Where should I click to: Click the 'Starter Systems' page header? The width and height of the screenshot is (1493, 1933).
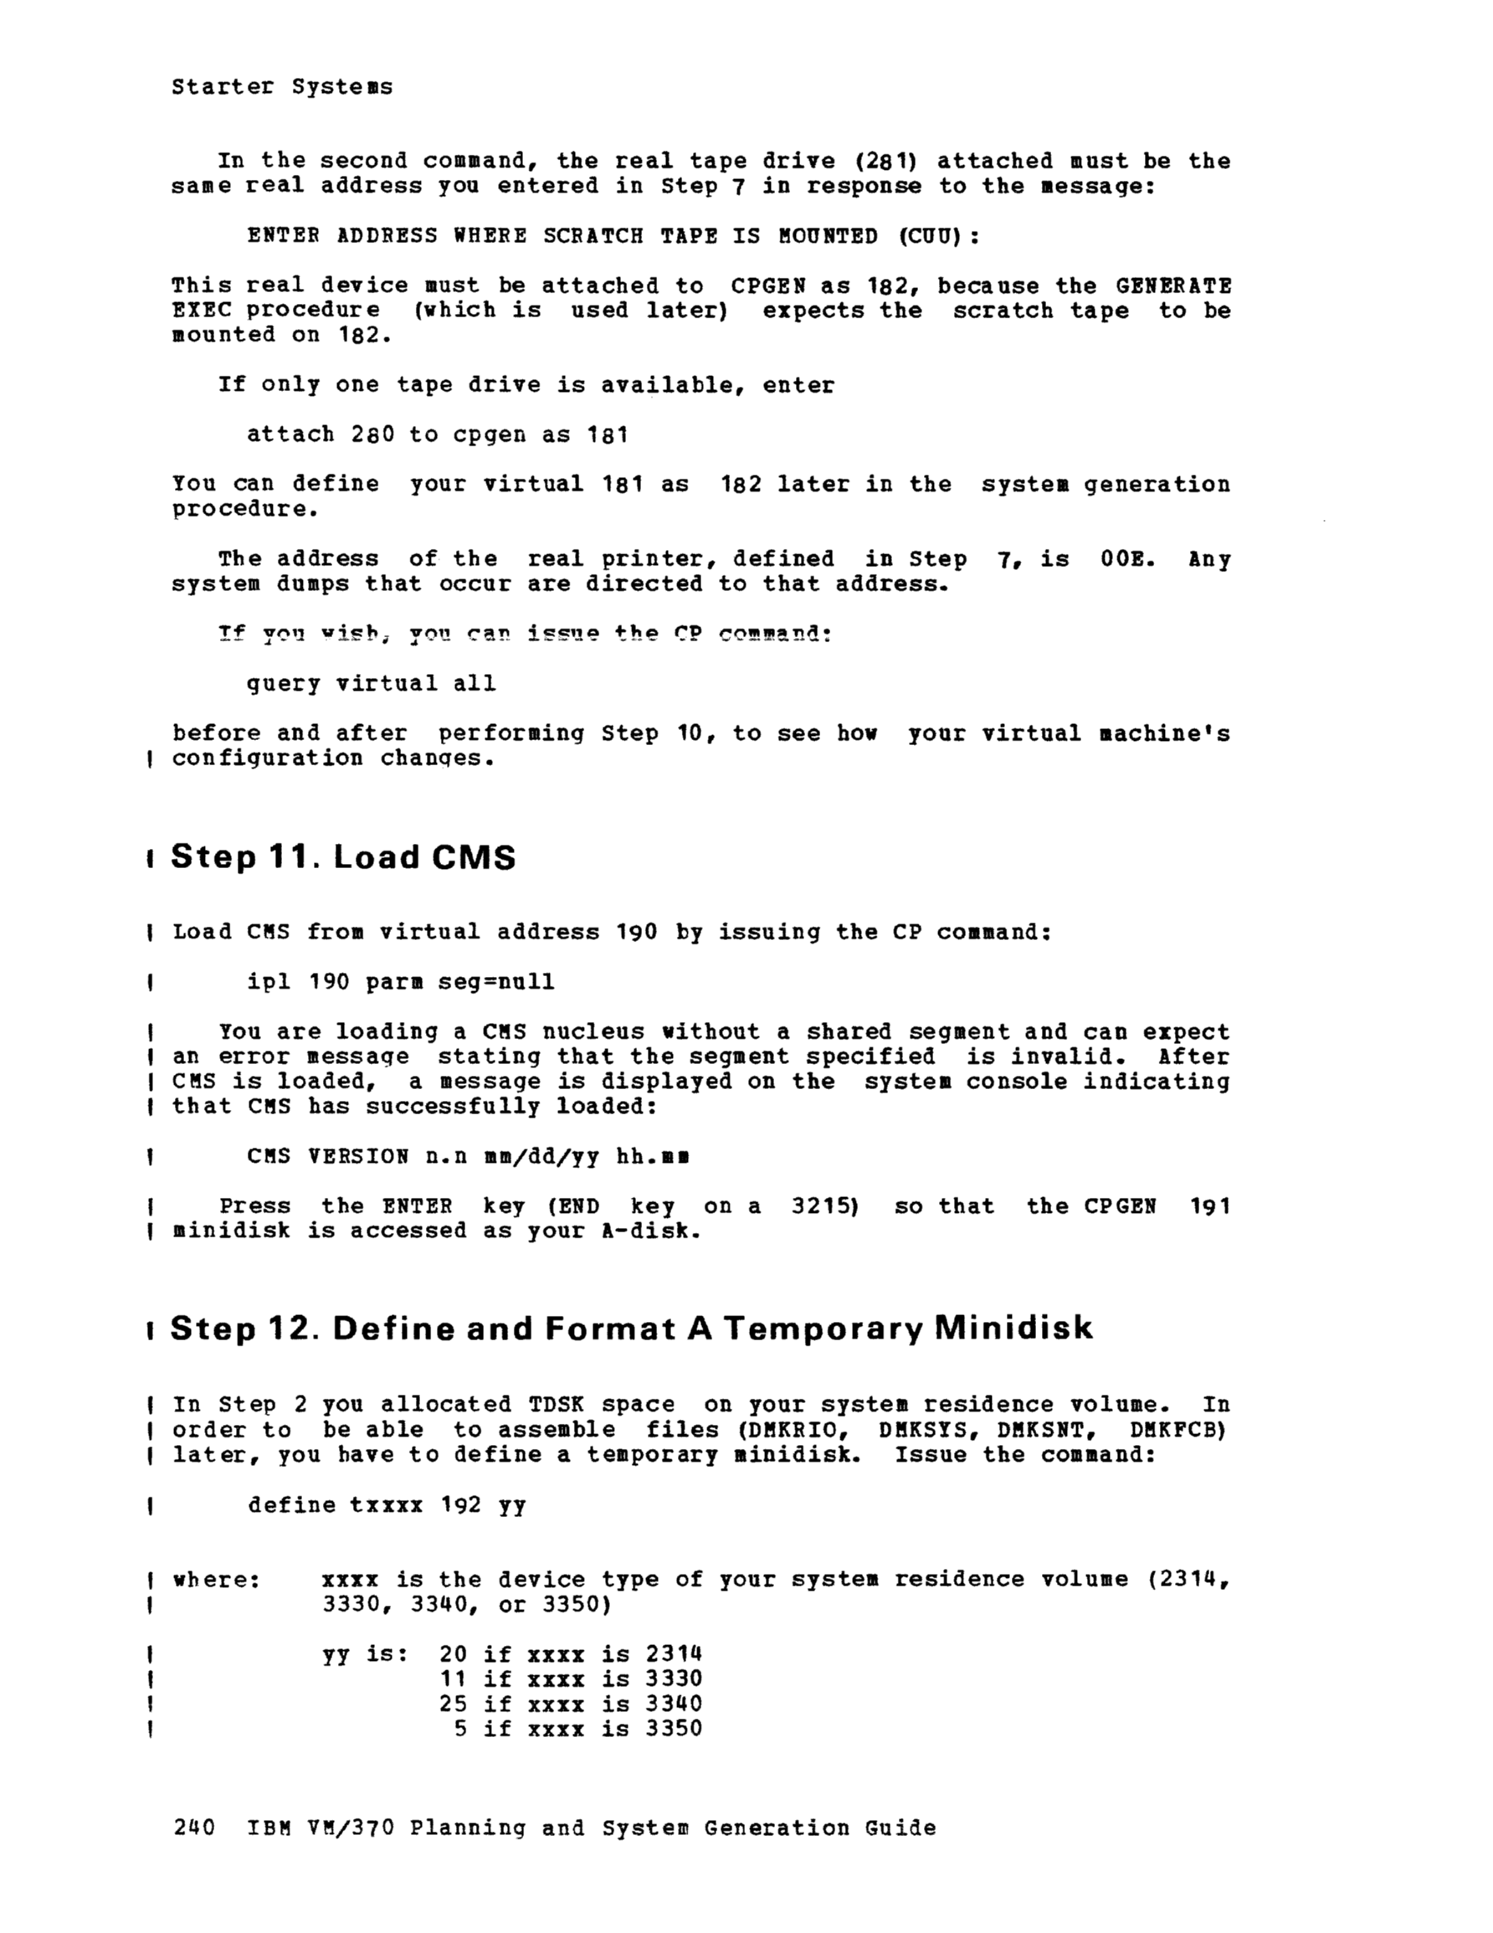pos(281,87)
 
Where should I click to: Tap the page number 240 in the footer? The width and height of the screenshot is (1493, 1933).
pos(194,1828)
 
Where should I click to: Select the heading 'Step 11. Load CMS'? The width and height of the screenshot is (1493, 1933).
pos(342,856)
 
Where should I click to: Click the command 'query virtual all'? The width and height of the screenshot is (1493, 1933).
pos(371,683)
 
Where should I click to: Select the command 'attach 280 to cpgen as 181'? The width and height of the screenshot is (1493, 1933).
pos(437,434)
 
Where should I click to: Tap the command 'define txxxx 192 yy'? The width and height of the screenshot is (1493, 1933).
pos(387,1505)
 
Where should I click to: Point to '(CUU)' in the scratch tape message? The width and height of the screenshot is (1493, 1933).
pos(938,236)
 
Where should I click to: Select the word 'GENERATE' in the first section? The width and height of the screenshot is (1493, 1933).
pos(1172,285)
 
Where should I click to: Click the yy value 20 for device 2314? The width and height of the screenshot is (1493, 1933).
pos(452,1654)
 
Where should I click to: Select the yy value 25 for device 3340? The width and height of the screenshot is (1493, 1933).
pos(452,1704)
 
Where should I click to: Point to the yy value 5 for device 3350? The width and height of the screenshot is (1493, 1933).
pos(460,1729)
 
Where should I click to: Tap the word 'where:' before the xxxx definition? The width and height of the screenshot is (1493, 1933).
pos(216,1580)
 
